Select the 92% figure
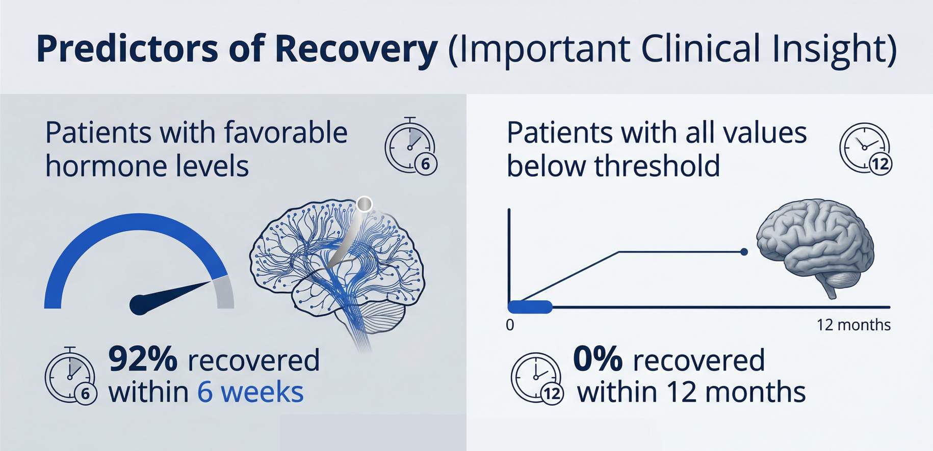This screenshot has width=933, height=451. point(143,359)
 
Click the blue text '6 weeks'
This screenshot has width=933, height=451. point(250,392)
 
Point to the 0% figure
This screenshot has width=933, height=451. point(598,359)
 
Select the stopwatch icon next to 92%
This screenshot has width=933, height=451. point(71,376)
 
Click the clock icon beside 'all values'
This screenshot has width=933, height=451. point(866,148)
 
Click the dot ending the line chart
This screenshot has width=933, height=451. point(744,252)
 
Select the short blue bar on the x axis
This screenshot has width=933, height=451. point(530,307)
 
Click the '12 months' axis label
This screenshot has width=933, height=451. point(853,325)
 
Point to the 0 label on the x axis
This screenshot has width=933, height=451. point(510,325)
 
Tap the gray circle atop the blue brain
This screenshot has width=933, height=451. point(364,204)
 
